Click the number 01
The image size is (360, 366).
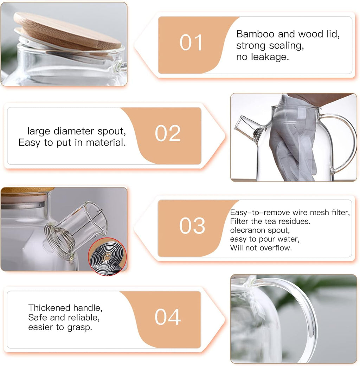(192, 43)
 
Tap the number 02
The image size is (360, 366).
(168, 133)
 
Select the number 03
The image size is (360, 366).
(192, 226)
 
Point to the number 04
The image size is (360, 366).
(168, 317)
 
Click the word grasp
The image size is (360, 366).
(82, 327)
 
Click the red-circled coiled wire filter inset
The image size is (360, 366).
(107, 256)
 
